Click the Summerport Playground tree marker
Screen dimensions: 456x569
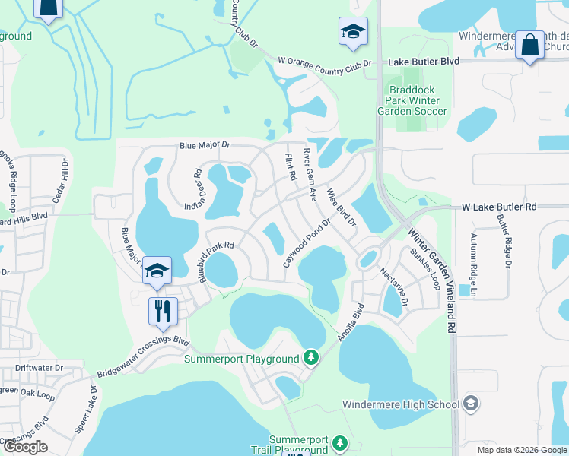[310, 356]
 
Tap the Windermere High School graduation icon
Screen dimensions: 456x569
[471, 403]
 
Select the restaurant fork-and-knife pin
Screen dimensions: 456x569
[163, 310]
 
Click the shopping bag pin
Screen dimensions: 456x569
[529, 45]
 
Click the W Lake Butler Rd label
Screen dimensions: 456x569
[499, 207]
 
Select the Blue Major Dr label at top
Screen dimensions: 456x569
[205, 144]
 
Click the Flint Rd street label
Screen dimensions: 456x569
[290, 166]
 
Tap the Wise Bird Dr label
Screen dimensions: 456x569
[341, 207]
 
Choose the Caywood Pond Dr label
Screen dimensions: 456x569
[306, 242]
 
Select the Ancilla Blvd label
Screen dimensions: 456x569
[351, 321]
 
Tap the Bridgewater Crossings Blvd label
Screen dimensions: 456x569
[141, 356]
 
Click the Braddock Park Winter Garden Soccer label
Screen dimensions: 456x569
[412, 100]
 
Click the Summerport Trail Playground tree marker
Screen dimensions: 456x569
[340, 442]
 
